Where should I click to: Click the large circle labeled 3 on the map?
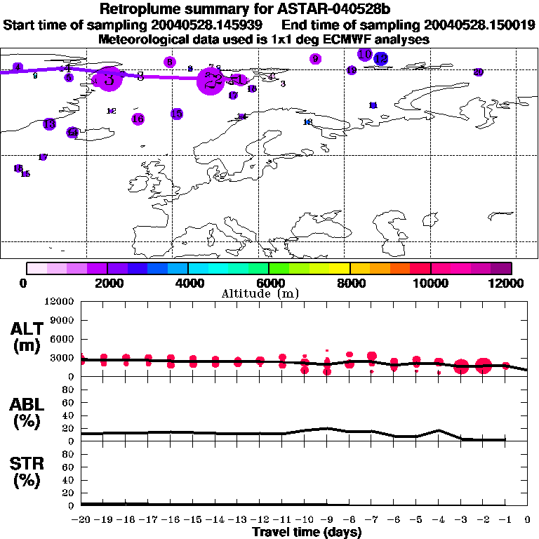(108, 79)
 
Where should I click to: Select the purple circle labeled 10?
(364, 54)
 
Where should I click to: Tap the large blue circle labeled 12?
(381, 59)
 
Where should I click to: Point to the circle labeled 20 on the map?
(478, 72)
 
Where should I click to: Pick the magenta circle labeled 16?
(138, 119)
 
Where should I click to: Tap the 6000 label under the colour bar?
(269, 283)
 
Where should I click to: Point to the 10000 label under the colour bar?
(430, 283)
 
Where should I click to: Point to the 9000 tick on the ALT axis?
(62, 320)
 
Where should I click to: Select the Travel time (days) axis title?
(307, 532)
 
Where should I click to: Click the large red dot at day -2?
(483, 366)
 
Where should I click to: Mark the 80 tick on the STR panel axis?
(67, 454)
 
